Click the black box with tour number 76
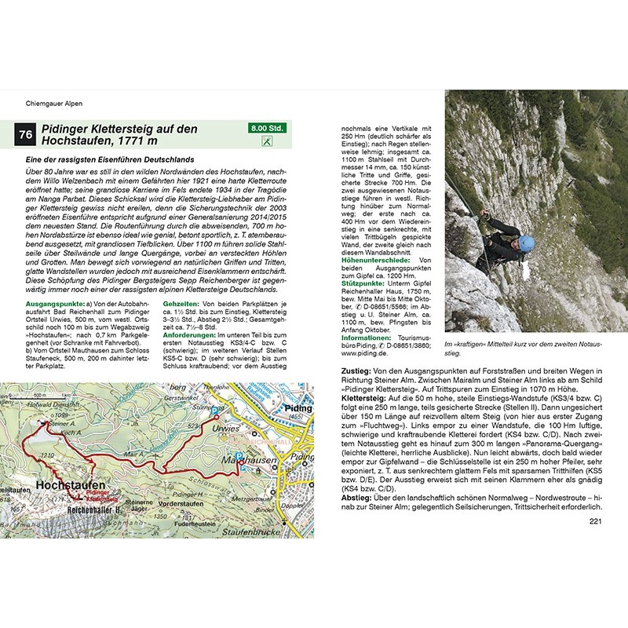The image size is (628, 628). pyautogui.click(x=26, y=135)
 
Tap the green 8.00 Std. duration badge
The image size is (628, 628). pyautogui.click(x=267, y=127)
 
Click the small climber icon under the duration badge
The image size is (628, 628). pyautogui.click(x=267, y=141)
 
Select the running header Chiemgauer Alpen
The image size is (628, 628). pyautogui.click(x=55, y=103)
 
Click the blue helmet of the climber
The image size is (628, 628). pyautogui.click(x=525, y=243)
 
